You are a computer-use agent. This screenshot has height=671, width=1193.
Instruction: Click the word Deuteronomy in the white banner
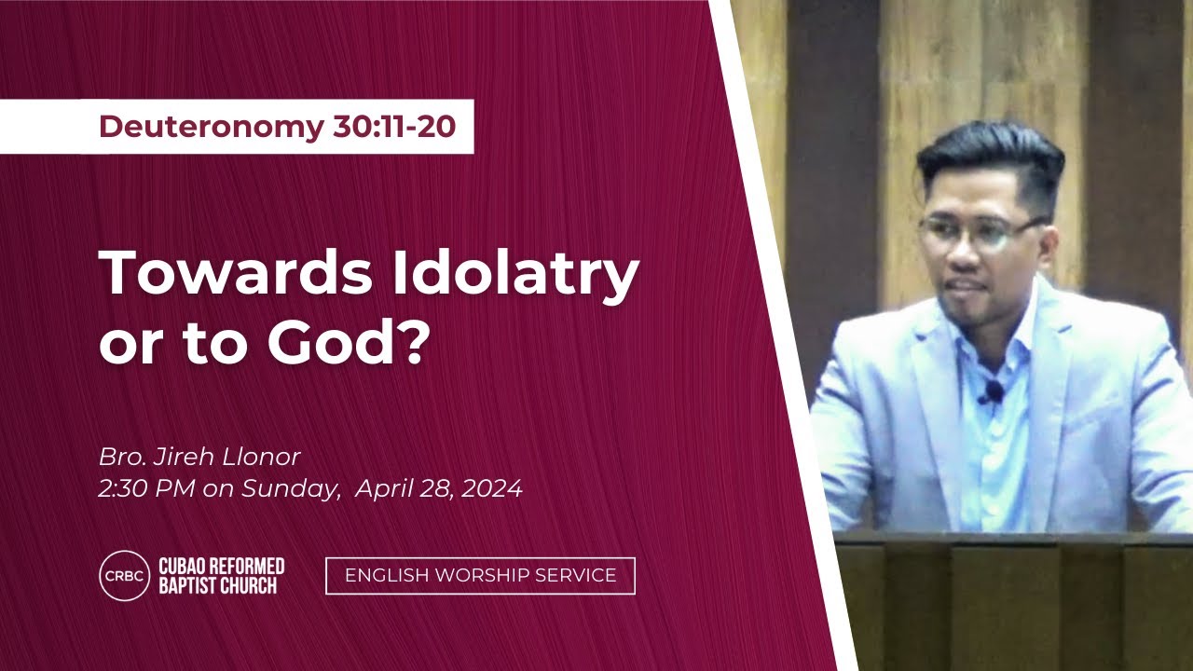[212, 127]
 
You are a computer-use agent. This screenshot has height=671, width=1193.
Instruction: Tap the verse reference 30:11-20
[394, 126]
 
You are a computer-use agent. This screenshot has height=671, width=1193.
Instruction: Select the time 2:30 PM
[147, 488]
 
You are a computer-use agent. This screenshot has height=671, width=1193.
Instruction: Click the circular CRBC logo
[125, 576]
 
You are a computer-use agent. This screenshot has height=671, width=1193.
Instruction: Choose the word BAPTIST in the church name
[188, 586]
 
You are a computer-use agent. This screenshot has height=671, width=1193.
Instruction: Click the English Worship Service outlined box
[480, 576]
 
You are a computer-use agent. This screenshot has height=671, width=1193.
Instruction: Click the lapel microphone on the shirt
[993, 391]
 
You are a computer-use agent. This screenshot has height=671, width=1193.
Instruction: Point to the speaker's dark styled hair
[991, 155]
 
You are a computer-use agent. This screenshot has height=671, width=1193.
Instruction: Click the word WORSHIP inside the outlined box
[483, 576]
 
